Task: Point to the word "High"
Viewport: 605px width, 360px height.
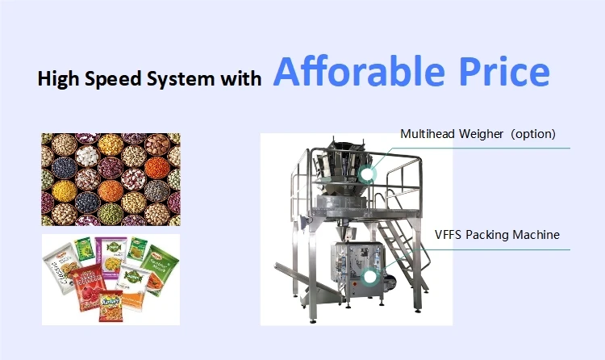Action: pos(59,79)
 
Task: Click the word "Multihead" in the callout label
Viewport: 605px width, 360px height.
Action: pos(428,133)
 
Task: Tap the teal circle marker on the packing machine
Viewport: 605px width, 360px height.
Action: pos(370,276)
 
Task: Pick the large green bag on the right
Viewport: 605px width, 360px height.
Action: pos(161,266)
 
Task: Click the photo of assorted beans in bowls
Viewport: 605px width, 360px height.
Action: pos(111,179)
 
